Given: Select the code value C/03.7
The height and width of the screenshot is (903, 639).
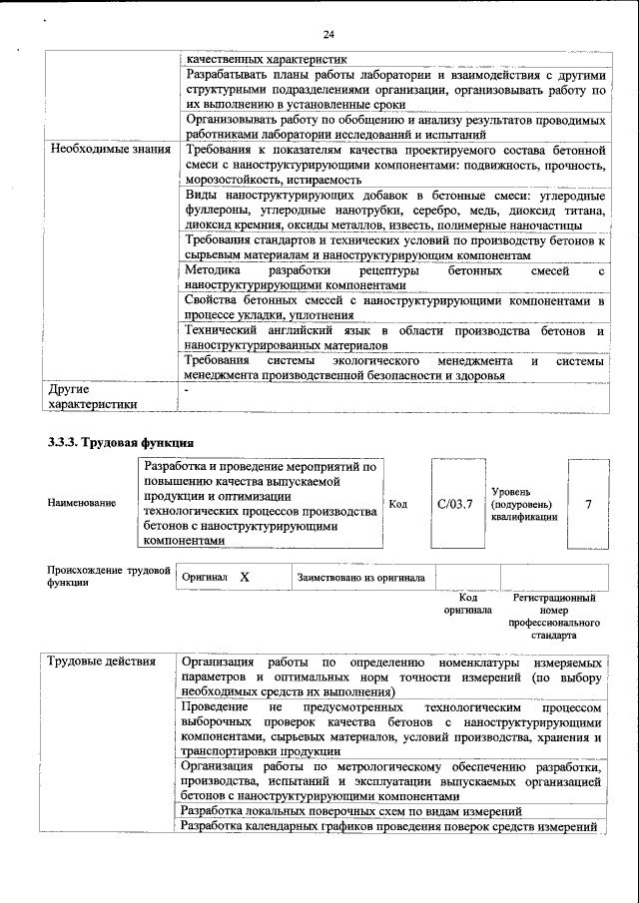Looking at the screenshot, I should [454, 504].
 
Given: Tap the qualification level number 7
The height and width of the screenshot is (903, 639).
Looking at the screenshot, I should [588, 504].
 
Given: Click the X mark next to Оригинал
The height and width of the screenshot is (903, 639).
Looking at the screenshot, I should [244, 578].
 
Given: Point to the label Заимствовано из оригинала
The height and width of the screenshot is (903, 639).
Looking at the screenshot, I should [360, 578].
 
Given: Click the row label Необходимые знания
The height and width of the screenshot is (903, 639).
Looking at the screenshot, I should [104, 149].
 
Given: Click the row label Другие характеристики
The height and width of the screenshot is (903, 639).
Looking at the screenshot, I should [90, 396].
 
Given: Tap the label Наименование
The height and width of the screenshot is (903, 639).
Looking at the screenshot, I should [81, 504].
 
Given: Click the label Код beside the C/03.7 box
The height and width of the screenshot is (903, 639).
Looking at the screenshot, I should [397, 504].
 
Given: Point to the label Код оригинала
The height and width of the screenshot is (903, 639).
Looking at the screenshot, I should [467, 604].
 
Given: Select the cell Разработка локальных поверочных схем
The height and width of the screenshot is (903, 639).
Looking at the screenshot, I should [351, 811].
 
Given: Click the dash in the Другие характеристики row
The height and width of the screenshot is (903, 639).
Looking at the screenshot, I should [187, 388].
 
